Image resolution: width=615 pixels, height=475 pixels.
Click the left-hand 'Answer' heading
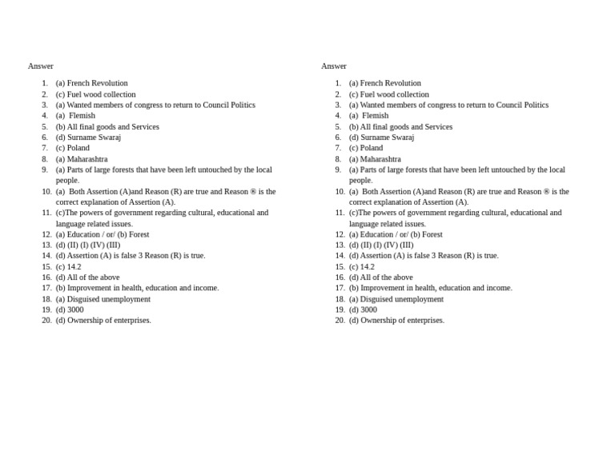point(40,66)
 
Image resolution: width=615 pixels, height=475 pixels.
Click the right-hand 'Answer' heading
point(334,66)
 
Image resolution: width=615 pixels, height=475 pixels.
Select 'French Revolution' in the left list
point(97,83)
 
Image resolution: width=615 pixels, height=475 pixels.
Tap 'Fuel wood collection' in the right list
point(394,94)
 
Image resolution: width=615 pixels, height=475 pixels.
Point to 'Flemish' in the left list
point(82,116)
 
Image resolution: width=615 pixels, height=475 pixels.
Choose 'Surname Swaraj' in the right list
point(387,138)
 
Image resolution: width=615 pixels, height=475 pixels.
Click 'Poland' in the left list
point(78,148)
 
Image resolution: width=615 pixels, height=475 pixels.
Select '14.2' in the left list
point(74,267)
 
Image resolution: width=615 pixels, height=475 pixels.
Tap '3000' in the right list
point(368,310)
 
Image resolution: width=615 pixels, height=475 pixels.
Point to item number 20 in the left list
point(46,321)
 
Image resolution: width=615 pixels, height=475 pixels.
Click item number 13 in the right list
point(340,245)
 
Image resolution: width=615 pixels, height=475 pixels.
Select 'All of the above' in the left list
point(93,277)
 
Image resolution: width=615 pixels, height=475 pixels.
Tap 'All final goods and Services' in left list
point(113,126)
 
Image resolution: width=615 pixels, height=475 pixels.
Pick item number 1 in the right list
point(338,83)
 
